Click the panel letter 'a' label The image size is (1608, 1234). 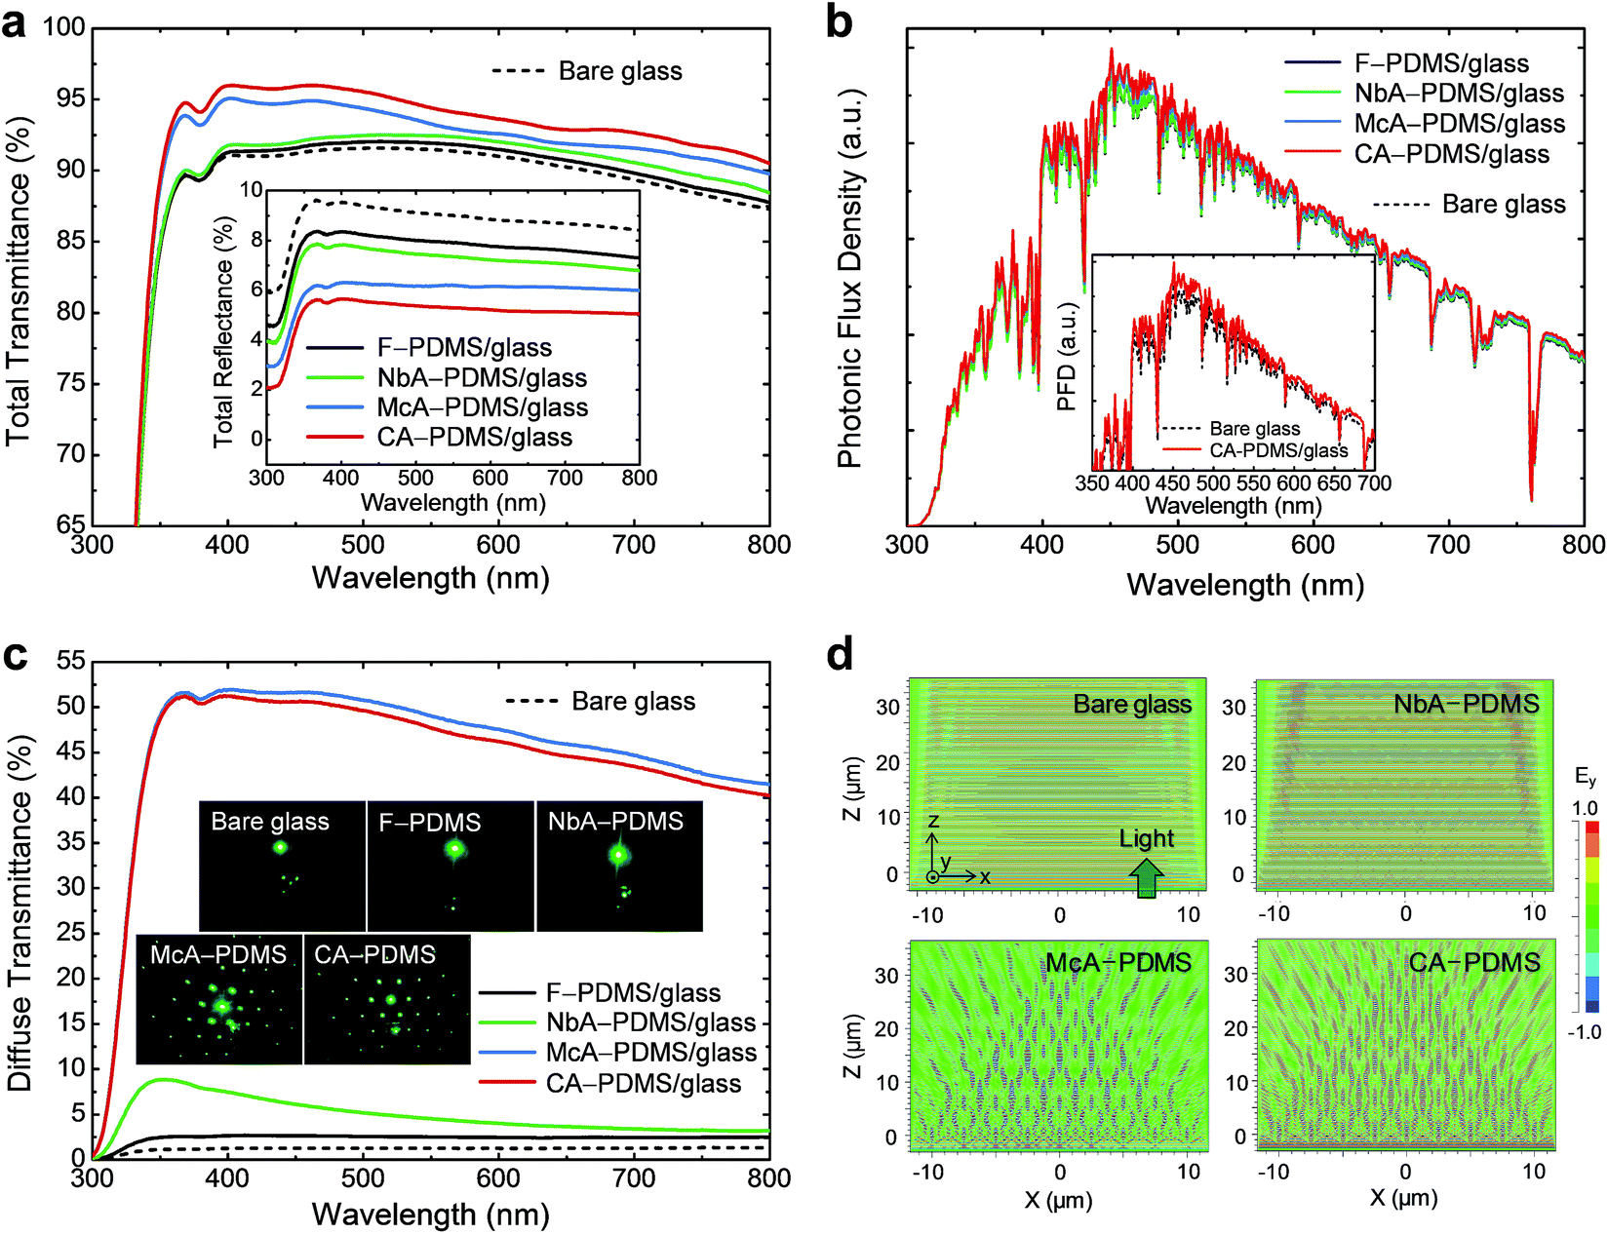point(14,25)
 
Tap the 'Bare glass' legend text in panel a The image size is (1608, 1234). point(620,71)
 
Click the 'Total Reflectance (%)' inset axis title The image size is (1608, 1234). point(223,332)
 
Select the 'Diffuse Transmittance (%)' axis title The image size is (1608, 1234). point(20,914)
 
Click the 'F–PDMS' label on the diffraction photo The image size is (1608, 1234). point(430,822)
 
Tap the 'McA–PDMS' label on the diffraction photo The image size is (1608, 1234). point(218,954)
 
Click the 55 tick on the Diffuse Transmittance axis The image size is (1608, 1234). point(71,660)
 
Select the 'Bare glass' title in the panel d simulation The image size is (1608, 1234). point(1132,705)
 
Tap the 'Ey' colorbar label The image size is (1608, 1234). point(1585,778)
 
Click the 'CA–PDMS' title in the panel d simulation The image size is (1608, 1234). point(1474,963)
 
